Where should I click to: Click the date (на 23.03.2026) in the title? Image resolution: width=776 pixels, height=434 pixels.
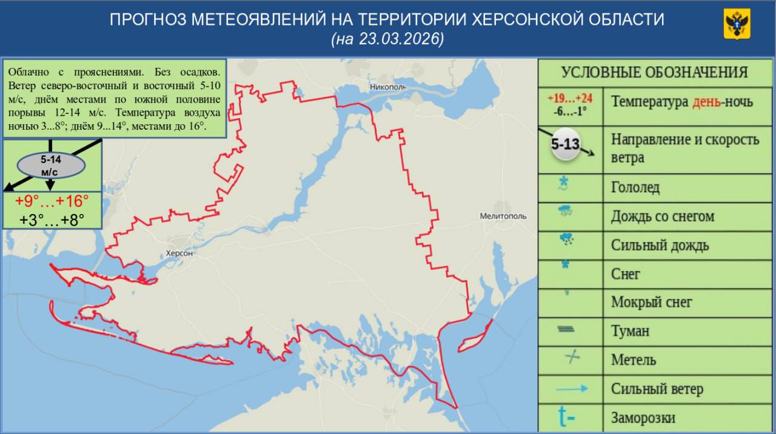[387, 39]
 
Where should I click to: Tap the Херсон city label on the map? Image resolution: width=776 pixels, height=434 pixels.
[179, 253]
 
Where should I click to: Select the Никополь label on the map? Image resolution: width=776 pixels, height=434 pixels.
[387, 87]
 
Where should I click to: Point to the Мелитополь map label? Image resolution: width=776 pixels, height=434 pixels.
[503, 216]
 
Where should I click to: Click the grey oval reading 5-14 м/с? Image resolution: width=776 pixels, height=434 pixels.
[52, 165]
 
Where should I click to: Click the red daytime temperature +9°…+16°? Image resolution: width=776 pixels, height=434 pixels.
[52, 201]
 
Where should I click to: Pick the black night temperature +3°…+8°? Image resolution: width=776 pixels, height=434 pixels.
[52, 219]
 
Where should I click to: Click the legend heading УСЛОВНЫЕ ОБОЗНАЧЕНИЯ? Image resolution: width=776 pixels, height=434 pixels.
[654, 72]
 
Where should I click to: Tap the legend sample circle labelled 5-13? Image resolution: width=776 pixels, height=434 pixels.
[565, 145]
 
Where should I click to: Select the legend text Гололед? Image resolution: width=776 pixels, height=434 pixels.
[635, 188]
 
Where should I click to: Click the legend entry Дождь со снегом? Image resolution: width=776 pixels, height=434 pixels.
[662, 216]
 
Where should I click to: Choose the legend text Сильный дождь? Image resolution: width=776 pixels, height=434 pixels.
[660, 245]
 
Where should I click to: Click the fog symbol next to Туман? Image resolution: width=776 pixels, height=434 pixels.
[566, 330]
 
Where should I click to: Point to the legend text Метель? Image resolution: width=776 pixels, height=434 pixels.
[633, 360]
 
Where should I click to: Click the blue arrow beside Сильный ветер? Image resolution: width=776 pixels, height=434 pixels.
[569, 389]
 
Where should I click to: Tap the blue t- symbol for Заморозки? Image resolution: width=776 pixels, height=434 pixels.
[567, 418]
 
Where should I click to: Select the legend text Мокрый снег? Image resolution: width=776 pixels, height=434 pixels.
[651, 302]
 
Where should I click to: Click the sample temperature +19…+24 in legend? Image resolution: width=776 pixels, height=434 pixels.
[570, 98]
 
